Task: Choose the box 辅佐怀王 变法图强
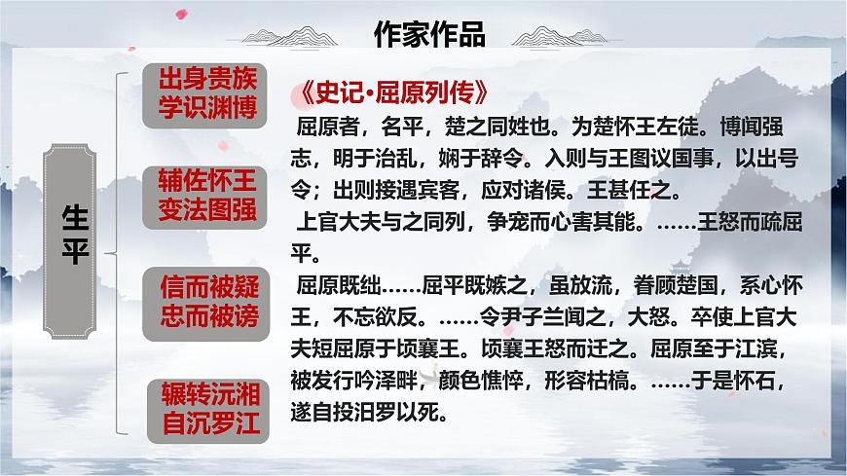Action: tap(207, 193)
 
